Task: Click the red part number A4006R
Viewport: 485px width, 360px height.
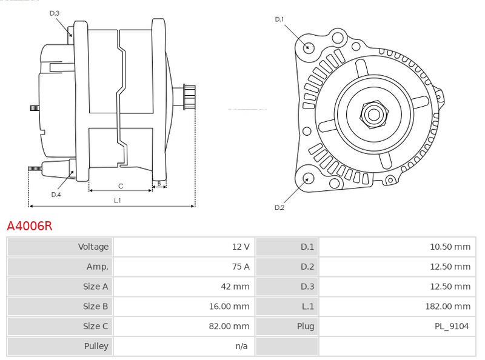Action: (30, 226)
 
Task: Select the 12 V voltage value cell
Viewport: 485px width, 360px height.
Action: (241, 247)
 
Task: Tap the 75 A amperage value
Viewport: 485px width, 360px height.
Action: (241, 267)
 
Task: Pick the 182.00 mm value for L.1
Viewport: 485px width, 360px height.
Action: (447, 307)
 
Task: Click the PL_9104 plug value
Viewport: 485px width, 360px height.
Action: (452, 326)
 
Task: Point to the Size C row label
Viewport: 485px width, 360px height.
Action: (95, 326)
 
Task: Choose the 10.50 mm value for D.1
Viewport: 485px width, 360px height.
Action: (450, 247)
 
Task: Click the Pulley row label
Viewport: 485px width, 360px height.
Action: (96, 346)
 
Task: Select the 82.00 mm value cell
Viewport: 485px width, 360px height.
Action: (229, 326)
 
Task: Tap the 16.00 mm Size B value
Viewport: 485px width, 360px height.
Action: (229, 307)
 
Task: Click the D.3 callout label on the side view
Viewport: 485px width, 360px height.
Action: (54, 13)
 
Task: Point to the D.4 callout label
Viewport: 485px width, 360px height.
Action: (56, 195)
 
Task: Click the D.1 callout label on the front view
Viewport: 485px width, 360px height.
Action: (279, 19)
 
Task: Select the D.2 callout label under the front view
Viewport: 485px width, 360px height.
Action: (279, 207)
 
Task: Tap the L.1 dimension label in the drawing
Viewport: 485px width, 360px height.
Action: (118, 201)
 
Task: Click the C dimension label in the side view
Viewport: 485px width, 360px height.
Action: (121, 186)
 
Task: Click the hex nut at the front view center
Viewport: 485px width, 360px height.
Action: (373, 115)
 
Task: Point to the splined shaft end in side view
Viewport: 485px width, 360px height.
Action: (189, 97)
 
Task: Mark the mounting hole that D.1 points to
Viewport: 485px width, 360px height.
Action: (308, 47)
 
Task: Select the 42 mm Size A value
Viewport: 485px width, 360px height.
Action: (235, 287)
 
